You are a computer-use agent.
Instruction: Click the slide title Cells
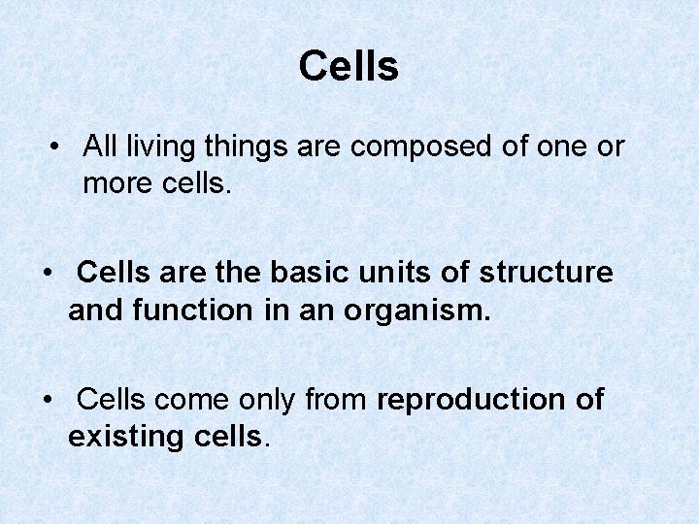pos(349,67)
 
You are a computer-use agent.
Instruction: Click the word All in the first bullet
pos(99,147)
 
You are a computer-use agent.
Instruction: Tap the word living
pos(156,147)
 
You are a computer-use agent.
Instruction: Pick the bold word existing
pos(123,438)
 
